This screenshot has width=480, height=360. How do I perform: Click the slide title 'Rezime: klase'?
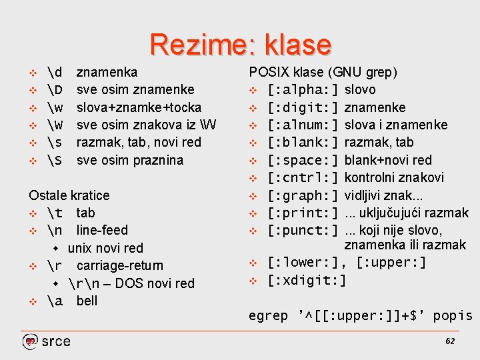pos(240,45)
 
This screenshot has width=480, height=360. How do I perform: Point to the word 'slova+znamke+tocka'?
pos(139,107)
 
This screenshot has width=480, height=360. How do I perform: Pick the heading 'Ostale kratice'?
pos(69,195)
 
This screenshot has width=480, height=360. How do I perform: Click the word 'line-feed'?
pos(102,231)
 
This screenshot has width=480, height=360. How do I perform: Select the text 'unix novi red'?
pos(105,248)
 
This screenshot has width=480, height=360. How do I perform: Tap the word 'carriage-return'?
pos(119,265)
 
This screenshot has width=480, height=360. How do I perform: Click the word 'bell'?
pos(87,301)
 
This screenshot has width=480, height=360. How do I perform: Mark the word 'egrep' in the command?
pos(268,316)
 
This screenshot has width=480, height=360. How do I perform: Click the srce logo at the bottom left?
pos(46,341)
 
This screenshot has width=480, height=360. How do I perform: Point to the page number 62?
pos(449,341)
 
